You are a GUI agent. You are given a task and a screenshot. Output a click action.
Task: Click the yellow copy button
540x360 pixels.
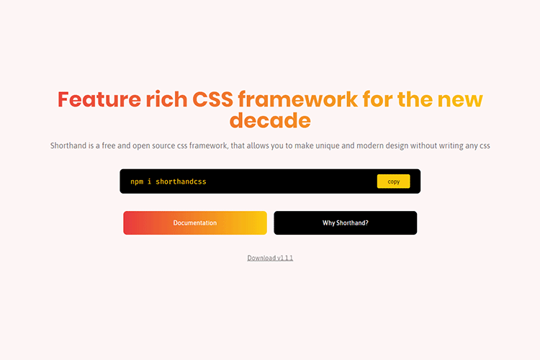[x=393, y=181]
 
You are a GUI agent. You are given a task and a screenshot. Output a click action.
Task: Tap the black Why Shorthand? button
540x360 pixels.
[x=346, y=223]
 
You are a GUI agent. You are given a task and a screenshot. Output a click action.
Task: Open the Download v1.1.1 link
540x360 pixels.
[x=270, y=258]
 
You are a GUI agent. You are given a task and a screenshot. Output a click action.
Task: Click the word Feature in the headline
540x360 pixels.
[x=99, y=99]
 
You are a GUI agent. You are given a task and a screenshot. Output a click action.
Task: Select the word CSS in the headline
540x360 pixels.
[x=212, y=99]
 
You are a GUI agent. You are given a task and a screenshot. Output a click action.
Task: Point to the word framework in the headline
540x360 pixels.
[x=297, y=99]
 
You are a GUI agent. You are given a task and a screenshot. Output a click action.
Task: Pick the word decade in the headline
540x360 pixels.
[x=270, y=120]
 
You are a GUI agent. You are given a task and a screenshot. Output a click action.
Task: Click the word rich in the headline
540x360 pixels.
[x=166, y=99]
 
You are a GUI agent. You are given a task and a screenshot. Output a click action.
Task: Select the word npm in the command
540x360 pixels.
[x=137, y=182]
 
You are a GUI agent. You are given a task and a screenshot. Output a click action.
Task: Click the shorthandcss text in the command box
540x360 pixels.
[x=181, y=181]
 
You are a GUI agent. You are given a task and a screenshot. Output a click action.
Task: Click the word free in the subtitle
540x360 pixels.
[x=109, y=145]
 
